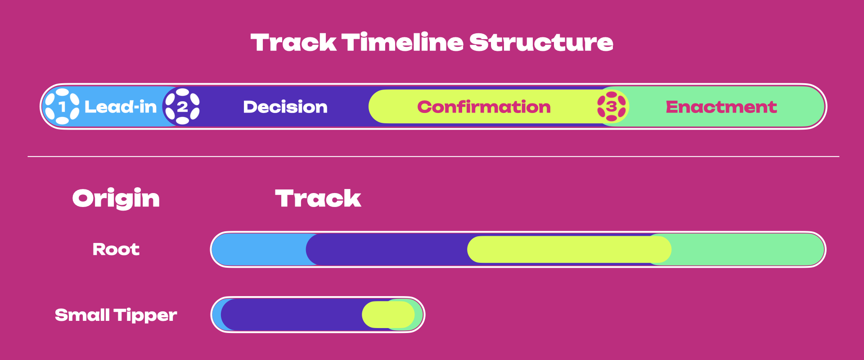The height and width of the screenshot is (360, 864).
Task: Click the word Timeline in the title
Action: coord(402,43)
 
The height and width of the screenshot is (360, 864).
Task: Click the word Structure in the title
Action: coord(541,43)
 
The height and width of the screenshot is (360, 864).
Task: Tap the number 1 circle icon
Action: coord(62,107)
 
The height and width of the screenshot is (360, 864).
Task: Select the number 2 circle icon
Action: coord(182,107)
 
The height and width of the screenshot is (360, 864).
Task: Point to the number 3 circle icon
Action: coord(612,107)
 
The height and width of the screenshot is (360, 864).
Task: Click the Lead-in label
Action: coord(121,107)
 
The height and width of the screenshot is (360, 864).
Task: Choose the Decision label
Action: coord(285,107)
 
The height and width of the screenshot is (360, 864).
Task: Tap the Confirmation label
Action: coord(484,107)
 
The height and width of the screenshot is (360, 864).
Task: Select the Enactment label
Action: coord(721,107)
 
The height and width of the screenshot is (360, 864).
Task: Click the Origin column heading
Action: coord(116,198)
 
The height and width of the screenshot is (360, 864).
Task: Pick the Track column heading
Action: coord(318,198)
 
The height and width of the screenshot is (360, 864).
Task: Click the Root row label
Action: coord(116,249)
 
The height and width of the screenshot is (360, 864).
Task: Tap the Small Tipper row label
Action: coord(116,315)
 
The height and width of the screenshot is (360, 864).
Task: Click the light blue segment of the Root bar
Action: coord(259,249)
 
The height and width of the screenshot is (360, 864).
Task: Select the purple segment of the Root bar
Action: coord(387,249)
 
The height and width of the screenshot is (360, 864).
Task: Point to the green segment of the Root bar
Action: coord(747,249)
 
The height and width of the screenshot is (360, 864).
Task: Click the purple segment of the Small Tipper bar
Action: coord(292,315)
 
